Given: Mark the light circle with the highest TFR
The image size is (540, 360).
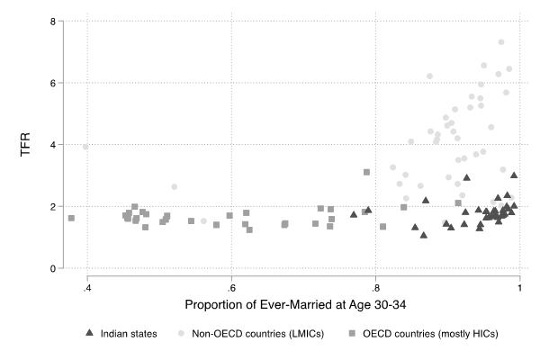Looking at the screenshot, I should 501,42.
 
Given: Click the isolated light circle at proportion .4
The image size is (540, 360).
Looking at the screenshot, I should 85,147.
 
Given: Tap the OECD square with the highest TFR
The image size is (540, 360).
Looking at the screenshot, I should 367,172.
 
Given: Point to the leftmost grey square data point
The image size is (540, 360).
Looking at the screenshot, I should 71,218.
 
